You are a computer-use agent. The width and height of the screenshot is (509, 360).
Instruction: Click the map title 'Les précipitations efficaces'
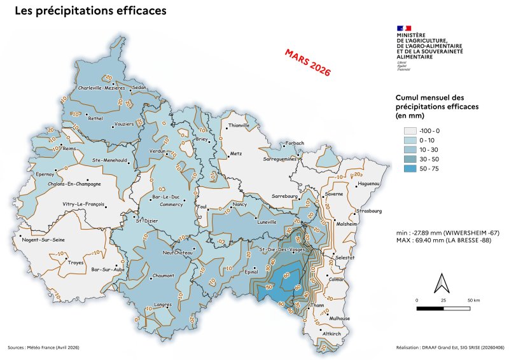90,11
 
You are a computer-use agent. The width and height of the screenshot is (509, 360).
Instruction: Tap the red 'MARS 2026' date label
308,63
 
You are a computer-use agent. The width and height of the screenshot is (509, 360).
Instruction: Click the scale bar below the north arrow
443,308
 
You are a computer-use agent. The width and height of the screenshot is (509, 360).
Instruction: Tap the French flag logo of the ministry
404,29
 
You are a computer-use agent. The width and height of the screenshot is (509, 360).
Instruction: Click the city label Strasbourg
369,211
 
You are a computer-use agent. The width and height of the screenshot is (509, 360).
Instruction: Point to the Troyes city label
76,261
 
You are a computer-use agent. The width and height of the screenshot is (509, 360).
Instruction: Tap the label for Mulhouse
339,317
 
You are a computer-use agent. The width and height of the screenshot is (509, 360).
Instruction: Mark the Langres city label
163,305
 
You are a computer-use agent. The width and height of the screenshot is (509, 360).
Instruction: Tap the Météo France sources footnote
44,348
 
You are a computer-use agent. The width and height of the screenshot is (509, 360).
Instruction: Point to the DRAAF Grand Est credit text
449,348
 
